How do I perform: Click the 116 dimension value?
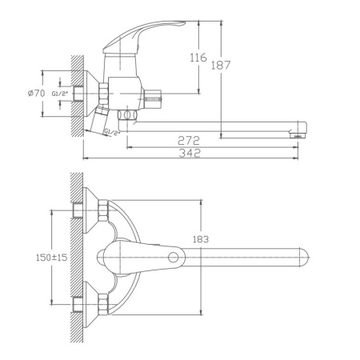(198, 58)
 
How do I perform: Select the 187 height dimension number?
(221, 66)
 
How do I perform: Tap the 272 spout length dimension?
(189, 141)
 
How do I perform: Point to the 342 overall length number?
(190, 153)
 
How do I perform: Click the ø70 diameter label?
(37, 94)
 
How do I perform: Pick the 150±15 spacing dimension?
(52, 258)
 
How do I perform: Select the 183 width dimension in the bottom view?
(201, 239)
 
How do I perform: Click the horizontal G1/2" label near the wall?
(60, 94)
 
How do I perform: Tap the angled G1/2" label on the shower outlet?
(111, 132)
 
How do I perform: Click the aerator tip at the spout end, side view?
(297, 136)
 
